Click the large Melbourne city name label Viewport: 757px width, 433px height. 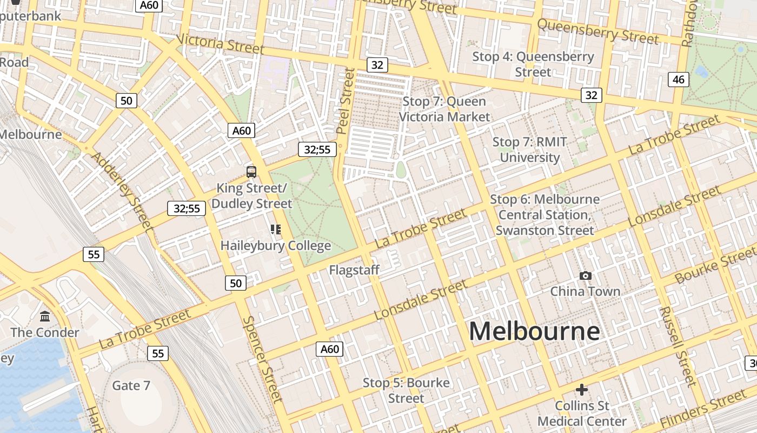pos(534,331)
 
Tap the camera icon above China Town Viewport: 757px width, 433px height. pos(585,276)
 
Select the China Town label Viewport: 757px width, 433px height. pos(585,292)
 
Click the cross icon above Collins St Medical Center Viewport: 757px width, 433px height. pos(582,390)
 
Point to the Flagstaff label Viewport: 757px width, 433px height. pos(354,270)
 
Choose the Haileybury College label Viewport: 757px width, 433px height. pos(276,246)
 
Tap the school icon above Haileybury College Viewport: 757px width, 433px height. pos(276,229)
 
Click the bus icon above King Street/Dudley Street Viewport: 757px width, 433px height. pos(251,172)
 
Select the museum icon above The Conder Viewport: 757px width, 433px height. pos(45,316)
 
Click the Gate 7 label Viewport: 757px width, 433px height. pos(131,386)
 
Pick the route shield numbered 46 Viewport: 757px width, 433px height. pos(679,80)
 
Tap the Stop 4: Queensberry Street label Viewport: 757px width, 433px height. pos(533,64)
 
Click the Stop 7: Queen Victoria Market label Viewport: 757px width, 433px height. pos(444,109)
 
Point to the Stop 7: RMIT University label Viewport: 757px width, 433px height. pos(530,150)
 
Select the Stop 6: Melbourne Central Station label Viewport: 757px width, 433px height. pos(545,215)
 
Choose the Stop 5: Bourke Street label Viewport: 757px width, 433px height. pos(406,390)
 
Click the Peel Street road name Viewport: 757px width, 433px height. pos(344,101)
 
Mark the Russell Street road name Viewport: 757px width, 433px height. pos(677,346)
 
